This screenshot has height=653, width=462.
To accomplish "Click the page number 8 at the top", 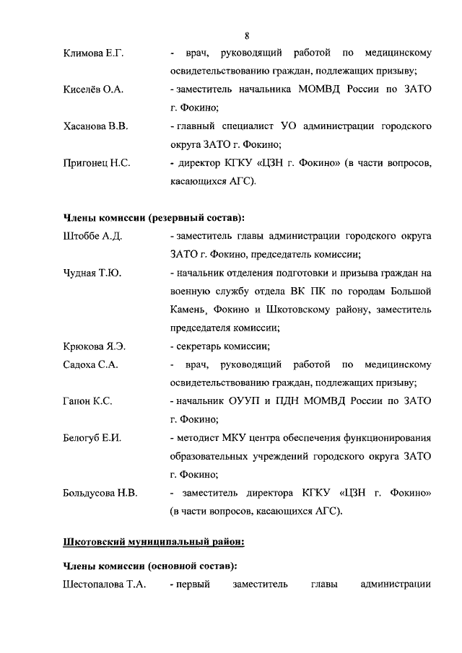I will [x=247, y=35].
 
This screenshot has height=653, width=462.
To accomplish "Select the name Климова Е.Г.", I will [x=94, y=53].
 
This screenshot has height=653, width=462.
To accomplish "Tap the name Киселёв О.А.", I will [x=93, y=89].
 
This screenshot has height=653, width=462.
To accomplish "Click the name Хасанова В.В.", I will [x=96, y=126].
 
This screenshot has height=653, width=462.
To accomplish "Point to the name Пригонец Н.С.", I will [x=97, y=164].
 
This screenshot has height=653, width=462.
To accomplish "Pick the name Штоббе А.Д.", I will [x=92, y=236].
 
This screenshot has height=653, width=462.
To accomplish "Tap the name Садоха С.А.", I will [x=90, y=365].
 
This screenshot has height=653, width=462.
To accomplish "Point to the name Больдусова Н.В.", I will [x=100, y=494].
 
